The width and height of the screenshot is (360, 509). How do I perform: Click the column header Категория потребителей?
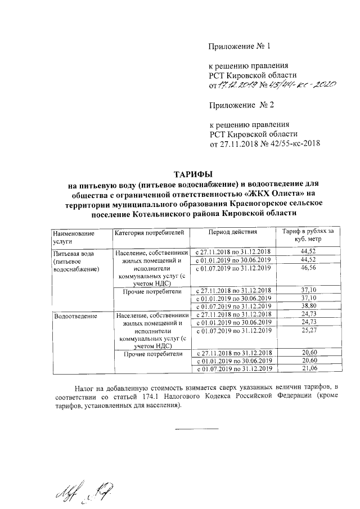(149, 232)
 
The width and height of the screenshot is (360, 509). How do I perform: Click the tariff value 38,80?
(310, 307)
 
